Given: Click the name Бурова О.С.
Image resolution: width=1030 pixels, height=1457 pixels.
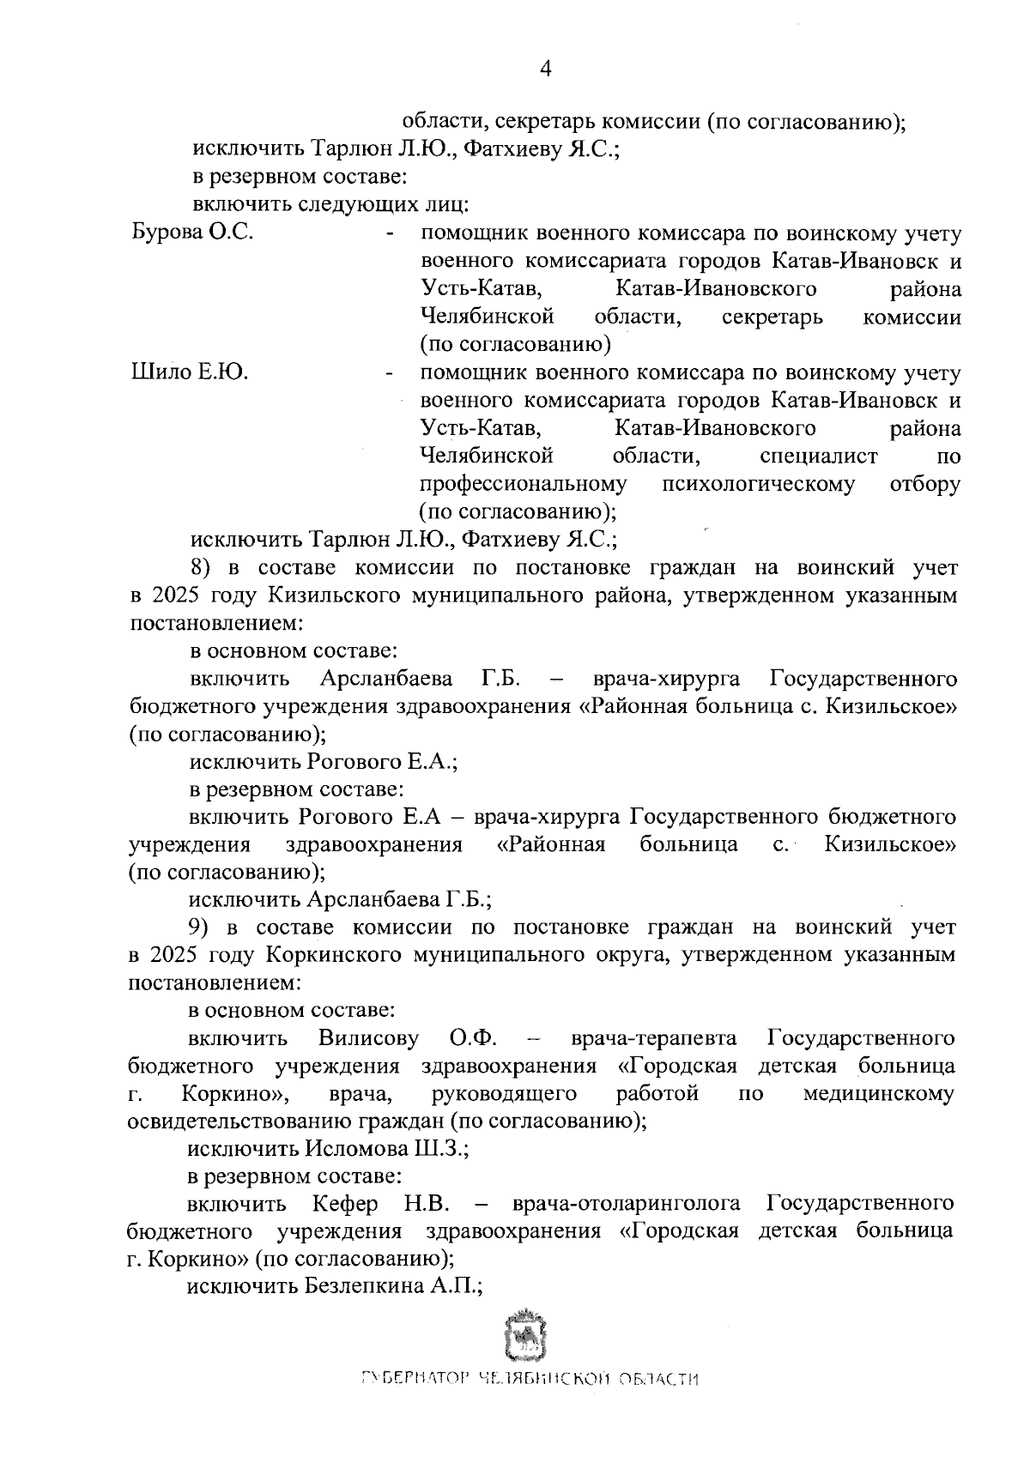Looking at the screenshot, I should tap(191, 233).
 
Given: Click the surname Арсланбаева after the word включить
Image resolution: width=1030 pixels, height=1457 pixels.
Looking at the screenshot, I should tap(386, 680).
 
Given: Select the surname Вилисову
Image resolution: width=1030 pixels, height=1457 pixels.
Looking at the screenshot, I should tap(368, 1038).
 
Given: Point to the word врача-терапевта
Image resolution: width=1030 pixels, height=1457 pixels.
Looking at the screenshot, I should tap(654, 1038).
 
